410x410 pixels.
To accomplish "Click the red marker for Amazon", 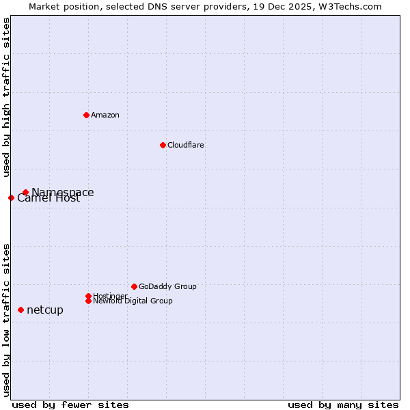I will pyautogui.click(x=86, y=115).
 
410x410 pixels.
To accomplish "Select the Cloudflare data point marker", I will pyautogui.click(x=163, y=145).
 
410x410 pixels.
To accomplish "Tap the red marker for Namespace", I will pyautogui.click(x=25, y=193).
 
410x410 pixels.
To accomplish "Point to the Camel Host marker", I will pyautogui.click(x=11, y=197).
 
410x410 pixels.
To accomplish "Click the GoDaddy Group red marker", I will pyautogui.click(x=134, y=286).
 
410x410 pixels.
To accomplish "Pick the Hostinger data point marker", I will pyautogui.click(x=88, y=296).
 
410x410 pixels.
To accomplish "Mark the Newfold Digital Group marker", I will pyautogui.click(x=88, y=301).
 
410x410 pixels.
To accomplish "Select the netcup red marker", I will pyautogui.click(x=20, y=310).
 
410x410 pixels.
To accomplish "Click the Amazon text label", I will pyautogui.click(x=105, y=115).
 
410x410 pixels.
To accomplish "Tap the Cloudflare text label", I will pyautogui.click(x=186, y=145).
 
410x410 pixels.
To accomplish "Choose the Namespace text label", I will pyautogui.click(x=63, y=193).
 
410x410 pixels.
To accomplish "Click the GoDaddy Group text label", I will pyautogui.click(x=167, y=286).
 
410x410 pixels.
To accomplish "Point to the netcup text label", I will pyautogui.click(x=45, y=310).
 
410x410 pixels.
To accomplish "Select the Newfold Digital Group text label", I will pyautogui.click(x=133, y=301).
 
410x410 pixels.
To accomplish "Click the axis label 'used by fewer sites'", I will pyautogui.click(x=70, y=405).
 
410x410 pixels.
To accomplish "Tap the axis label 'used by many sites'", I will pyautogui.click(x=343, y=405).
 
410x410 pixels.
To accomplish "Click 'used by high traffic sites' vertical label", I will pyautogui.click(x=6, y=97).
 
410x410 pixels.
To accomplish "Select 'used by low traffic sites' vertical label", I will pyautogui.click(x=6, y=319).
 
